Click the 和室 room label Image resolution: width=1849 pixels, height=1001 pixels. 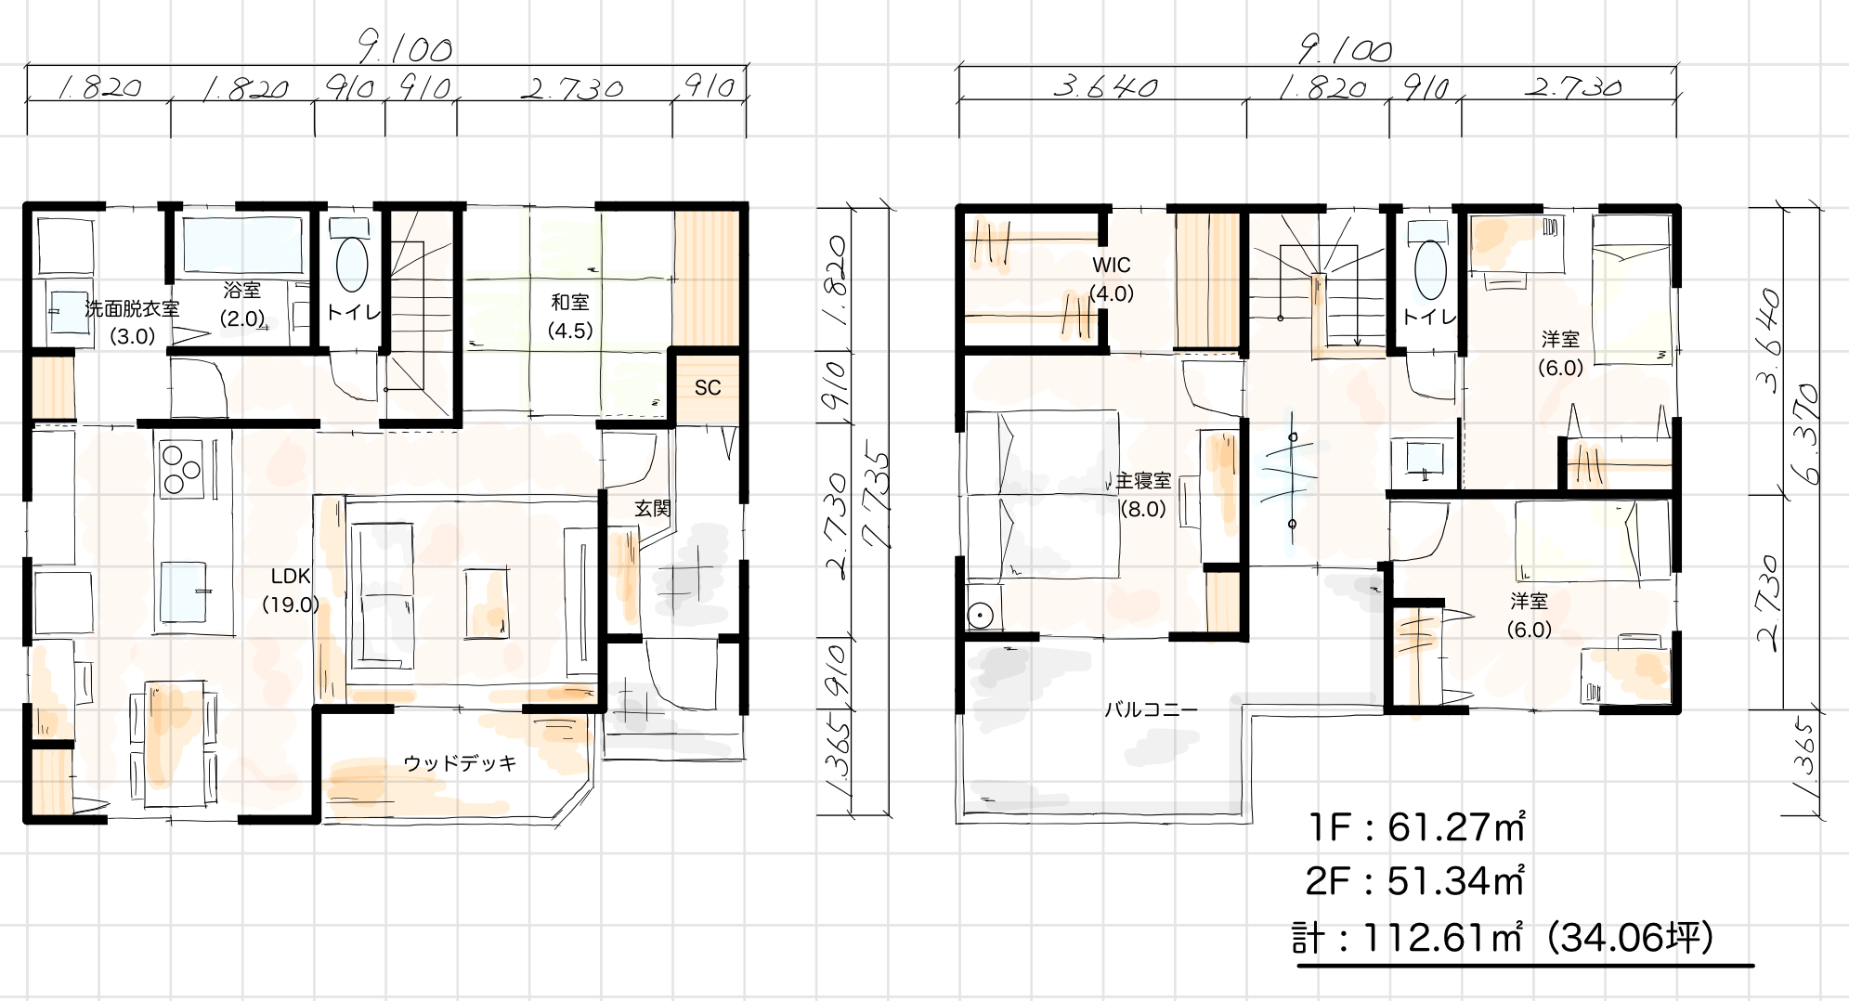point(570,303)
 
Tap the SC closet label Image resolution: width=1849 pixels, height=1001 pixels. point(708,388)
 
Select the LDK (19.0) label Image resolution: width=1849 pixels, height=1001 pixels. point(291,591)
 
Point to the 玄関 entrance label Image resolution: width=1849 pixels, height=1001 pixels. point(653,508)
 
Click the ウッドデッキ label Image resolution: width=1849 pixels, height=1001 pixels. point(460,763)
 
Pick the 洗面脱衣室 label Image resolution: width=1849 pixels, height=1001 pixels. point(132,308)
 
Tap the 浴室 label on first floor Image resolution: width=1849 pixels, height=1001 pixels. point(242,290)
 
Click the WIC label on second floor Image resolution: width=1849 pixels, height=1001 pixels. point(1112,266)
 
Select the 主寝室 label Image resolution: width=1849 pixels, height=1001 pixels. point(1143,481)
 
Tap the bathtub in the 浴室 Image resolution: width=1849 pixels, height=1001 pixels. point(241,245)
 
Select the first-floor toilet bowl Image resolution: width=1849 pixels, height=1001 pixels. point(352,264)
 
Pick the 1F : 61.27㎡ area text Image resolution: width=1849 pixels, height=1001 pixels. point(1415,827)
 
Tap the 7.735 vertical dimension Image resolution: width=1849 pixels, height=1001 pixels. point(875,500)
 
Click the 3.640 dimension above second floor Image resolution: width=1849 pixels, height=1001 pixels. point(1105,87)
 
